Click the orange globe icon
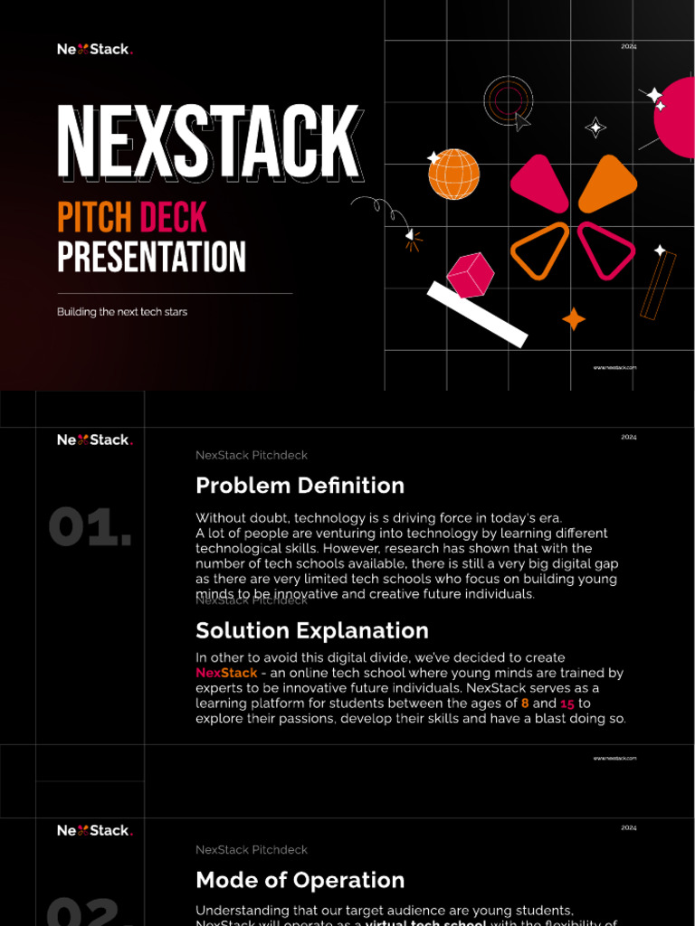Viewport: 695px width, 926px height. point(453,175)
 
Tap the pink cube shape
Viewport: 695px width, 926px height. point(471,275)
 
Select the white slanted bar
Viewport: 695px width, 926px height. point(477,314)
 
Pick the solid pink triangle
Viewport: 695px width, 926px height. point(540,183)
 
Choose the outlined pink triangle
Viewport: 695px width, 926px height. point(604,249)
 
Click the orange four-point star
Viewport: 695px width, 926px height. point(574,319)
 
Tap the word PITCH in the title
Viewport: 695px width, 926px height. point(95,218)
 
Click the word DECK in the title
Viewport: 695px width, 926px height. point(173,218)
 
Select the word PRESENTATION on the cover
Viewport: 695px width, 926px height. point(151,257)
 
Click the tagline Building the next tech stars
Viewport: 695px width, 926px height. point(122,312)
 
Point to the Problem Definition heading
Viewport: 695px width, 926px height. point(300,486)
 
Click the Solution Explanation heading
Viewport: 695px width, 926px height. point(312,630)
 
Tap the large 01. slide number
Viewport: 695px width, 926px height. point(90,527)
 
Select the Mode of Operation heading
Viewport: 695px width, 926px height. point(300,880)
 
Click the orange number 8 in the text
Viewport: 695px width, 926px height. point(525,704)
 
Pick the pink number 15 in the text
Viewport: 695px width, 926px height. point(567,704)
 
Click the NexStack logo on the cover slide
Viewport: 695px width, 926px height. point(95,50)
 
